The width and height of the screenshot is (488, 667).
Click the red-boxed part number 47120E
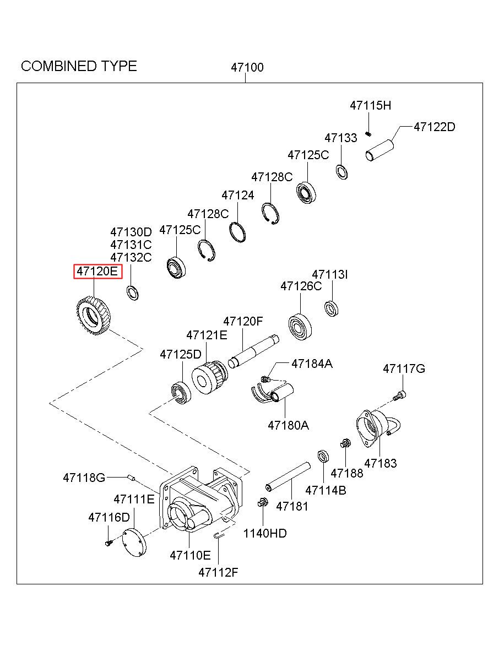[97, 271]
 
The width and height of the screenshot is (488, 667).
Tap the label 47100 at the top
[247, 68]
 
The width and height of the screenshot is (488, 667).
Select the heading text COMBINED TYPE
[79, 66]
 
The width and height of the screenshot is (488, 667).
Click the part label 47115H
[370, 106]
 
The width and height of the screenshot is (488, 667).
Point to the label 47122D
[434, 127]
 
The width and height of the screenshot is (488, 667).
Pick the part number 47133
[340, 138]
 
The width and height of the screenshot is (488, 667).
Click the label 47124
[238, 195]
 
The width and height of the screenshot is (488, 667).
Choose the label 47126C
[301, 286]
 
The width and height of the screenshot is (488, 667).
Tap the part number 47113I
[330, 274]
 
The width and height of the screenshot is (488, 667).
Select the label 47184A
[312, 364]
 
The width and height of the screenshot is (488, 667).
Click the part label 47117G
[404, 368]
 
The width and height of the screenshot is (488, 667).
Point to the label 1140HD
[265, 533]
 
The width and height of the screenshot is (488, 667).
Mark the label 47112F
[218, 572]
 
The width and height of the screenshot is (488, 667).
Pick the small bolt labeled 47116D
[108, 543]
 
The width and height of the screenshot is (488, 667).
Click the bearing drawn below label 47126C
[300, 327]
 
